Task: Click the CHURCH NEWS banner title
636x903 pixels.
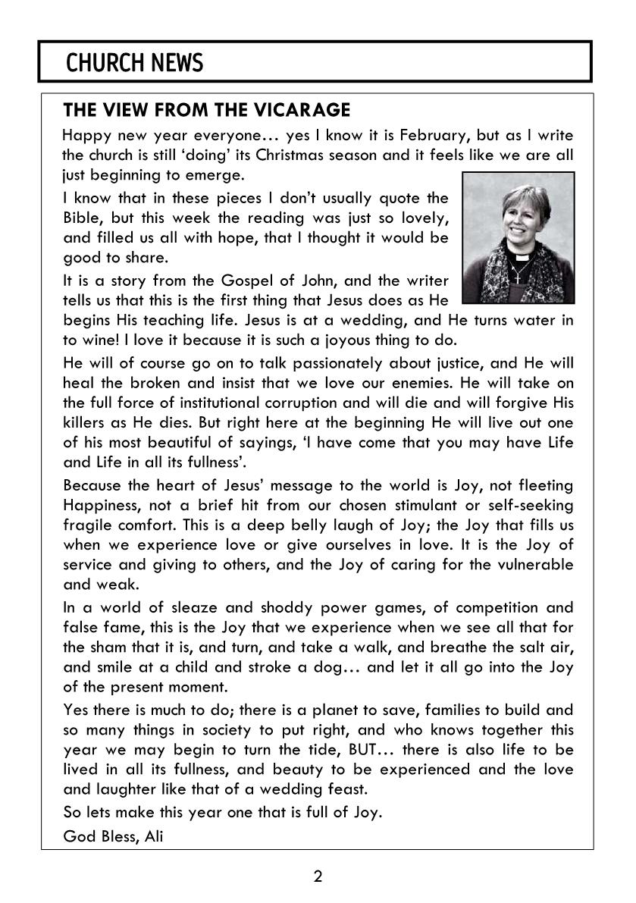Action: [x=135, y=63]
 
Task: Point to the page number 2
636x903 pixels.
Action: [x=318, y=878]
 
